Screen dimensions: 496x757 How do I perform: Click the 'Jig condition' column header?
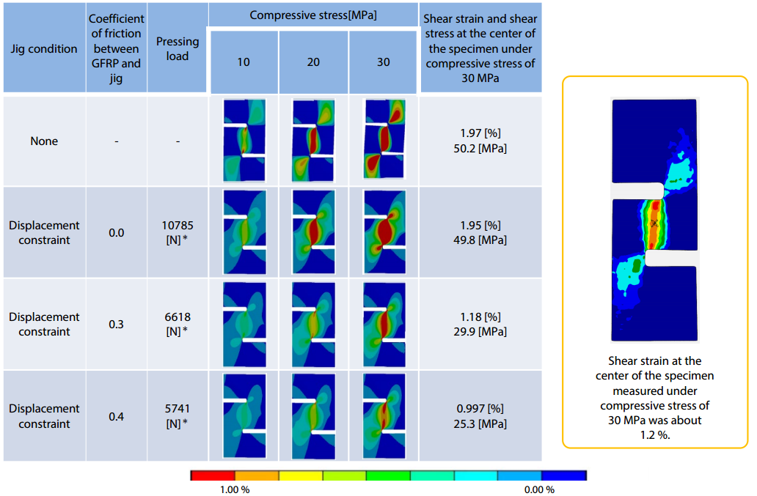coord(44,49)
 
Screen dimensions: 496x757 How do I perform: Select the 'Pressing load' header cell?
coord(178,49)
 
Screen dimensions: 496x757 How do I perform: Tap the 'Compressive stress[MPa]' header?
coord(313,15)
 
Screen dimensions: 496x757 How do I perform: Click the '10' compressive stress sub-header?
coord(244,62)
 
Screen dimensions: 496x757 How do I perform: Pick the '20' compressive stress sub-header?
coord(313,62)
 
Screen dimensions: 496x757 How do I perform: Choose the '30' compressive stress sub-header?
coord(384,62)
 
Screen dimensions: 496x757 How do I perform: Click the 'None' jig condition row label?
coord(44,141)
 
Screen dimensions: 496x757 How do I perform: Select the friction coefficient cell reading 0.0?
coord(116,232)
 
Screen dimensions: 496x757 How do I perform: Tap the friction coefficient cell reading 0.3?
coord(116,324)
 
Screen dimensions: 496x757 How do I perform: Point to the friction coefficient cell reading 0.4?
coord(116,416)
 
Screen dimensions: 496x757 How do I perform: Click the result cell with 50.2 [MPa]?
coord(481,148)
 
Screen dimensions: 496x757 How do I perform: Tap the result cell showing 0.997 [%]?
coord(481,409)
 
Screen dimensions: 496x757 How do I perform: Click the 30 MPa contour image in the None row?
coord(384,140)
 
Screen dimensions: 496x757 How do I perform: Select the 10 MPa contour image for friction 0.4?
coord(244,415)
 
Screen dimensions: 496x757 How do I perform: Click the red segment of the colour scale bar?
coord(213,475)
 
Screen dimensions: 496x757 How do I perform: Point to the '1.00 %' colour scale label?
coord(235,489)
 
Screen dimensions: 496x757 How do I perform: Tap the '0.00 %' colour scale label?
coord(539,489)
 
